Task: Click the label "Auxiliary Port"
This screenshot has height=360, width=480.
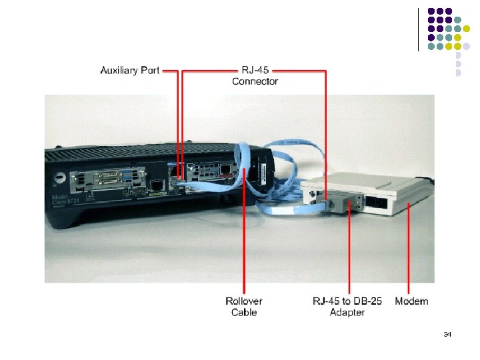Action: [129, 70]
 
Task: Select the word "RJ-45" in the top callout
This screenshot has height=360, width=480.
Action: [255, 70]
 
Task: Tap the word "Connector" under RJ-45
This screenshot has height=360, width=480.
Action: [255, 81]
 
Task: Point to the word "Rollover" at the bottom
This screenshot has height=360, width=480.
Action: [244, 301]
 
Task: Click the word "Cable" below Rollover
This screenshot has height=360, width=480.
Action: [244, 313]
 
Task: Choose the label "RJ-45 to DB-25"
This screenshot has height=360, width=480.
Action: [347, 301]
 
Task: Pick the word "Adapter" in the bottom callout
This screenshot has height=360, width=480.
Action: [347, 313]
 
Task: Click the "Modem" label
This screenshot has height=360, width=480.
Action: [411, 301]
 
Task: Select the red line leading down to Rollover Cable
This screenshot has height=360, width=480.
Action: [245, 233]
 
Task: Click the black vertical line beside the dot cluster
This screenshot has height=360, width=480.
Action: [418, 29]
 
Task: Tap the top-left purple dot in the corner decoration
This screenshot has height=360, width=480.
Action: [431, 11]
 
